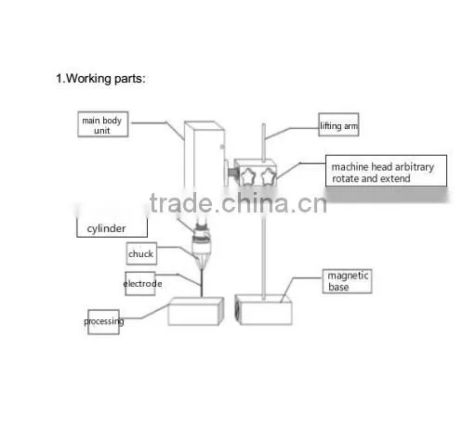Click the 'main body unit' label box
coord(103,124)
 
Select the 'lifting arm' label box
coord(338,124)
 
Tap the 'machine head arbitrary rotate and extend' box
coord(386,171)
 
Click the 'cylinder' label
coord(106,229)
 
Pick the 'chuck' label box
coord(141,253)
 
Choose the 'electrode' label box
coord(140,284)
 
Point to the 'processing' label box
coord(103,322)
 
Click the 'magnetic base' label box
coord(347,281)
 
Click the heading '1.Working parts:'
coord(100,79)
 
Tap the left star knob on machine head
coord(247,177)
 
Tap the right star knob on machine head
coord(268,177)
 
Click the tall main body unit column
coord(205,155)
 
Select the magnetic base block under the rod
coord(264,310)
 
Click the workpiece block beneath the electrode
coord(196,311)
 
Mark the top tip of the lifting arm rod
coord(264,124)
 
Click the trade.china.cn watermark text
coord(238,203)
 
